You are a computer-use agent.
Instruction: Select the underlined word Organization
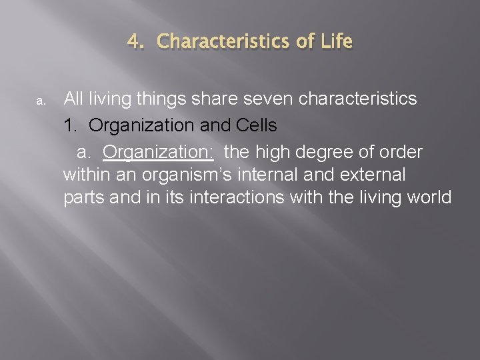coord(158,151)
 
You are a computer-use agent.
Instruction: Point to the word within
coord(84,175)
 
